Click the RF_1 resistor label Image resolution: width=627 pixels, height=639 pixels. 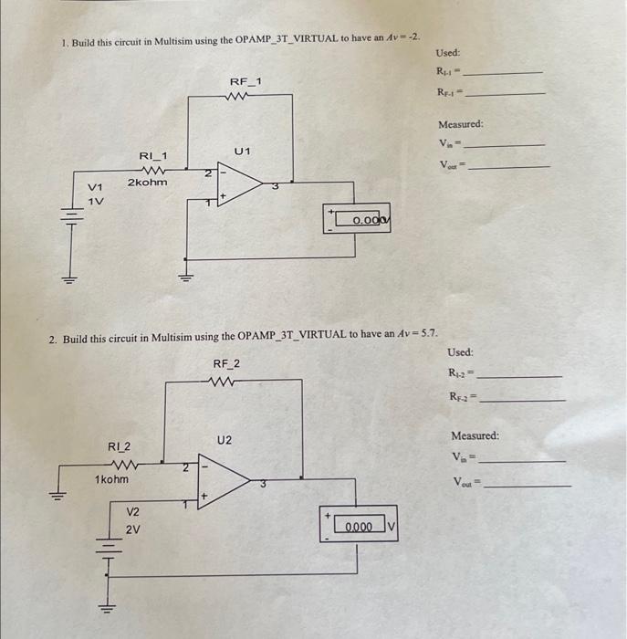pyautogui.click(x=245, y=82)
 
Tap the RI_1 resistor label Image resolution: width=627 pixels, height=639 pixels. pyautogui.click(x=152, y=157)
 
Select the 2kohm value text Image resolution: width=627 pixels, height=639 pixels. pyautogui.click(x=147, y=183)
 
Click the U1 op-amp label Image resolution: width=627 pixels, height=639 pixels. pyautogui.click(x=242, y=150)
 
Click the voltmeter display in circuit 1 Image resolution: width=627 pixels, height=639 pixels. pyautogui.click(x=362, y=220)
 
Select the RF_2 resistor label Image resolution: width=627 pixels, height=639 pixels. pyautogui.click(x=226, y=364)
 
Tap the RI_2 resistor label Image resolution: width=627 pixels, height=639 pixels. pyautogui.click(x=120, y=447)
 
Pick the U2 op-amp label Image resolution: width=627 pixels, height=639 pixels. pyautogui.click(x=225, y=441)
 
